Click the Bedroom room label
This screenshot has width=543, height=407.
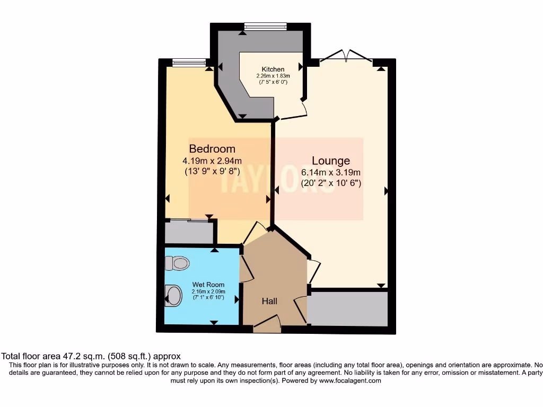click(212, 149)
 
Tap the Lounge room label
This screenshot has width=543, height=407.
click(330, 161)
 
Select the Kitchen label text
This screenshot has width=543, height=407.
click(273, 69)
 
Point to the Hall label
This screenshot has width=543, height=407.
click(269, 301)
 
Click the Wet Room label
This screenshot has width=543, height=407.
click(208, 285)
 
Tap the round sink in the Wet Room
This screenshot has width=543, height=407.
click(173, 295)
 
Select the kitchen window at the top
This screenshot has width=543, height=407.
click(265, 26)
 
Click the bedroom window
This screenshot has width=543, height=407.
click(189, 63)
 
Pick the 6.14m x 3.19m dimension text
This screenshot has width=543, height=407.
click(331, 172)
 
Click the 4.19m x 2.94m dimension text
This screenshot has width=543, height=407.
click(212, 161)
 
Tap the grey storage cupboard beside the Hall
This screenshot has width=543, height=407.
click(348, 309)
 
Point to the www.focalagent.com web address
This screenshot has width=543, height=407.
click(350, 381)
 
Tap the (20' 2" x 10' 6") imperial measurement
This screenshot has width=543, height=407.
click(331, 183)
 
